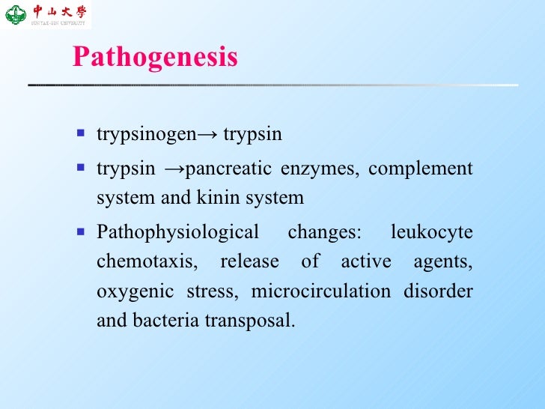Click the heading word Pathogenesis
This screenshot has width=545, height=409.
coord(155,58)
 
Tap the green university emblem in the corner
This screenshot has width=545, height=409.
coord(15,13)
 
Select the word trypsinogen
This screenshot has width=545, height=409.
coord(147,135)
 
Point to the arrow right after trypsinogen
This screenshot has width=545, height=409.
coord(207,135)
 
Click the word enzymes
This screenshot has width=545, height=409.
coord(318,169)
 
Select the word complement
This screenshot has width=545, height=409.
coord(420,169)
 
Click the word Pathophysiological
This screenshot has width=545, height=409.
coord(177,232)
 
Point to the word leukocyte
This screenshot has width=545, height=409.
coord(432,232)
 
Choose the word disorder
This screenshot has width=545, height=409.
coord(439,291)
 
